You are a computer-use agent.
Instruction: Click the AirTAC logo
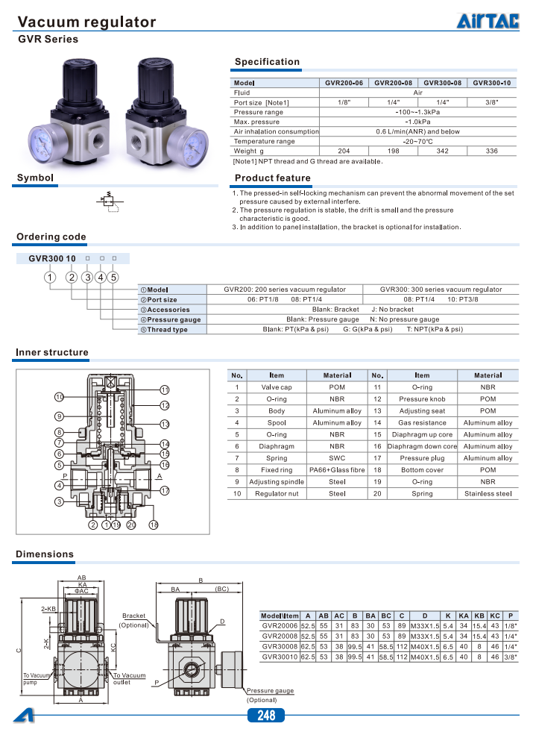(x=488, y=22)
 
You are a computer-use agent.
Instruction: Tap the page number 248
(x=266, y=716)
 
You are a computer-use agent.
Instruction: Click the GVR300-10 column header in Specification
(x=492, y=83)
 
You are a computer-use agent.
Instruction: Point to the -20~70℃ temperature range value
(x=418, y=141)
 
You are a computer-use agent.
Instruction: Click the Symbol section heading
(x=36, y=178)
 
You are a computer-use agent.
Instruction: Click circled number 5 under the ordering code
(x=114, y=277)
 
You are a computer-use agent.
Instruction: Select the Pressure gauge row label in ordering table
(x=171, y=319)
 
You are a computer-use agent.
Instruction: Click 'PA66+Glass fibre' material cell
(x=337, y=470)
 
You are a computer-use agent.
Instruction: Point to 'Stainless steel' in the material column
(x=488, y=493)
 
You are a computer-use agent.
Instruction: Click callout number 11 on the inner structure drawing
(x=165, y=389)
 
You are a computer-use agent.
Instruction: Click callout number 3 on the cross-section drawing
(x=59, y=501)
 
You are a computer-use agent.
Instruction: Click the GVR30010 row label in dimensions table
(x=280, y=657)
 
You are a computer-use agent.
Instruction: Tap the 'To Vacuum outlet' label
(x=129, y=678)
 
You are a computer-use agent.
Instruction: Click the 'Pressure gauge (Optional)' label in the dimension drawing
(x=270, y=695)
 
